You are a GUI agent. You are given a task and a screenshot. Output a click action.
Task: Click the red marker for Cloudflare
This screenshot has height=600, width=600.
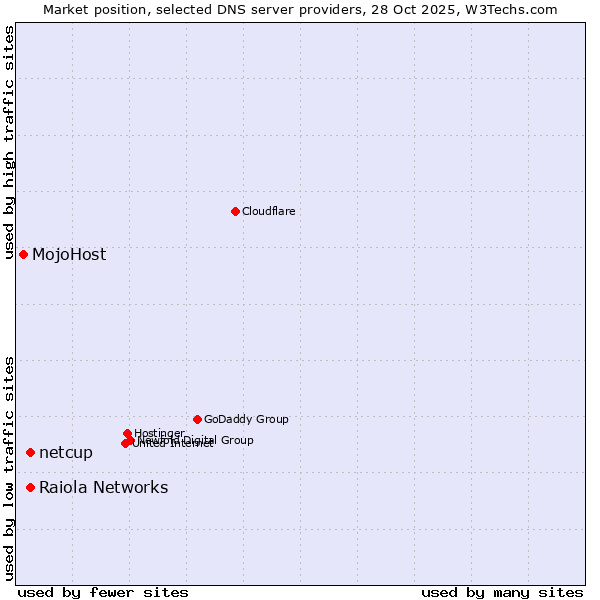click(x=235, y=211)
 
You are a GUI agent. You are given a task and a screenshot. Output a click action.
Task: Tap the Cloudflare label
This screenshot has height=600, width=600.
click(x=268, y=211)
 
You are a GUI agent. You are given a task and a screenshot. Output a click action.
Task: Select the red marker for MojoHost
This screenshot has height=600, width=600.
click(x=23, y=254)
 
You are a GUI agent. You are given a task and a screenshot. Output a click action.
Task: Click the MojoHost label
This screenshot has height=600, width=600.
click(x=69, y=254)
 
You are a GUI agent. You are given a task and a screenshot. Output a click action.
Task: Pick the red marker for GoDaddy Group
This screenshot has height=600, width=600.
click(x=197, y=419)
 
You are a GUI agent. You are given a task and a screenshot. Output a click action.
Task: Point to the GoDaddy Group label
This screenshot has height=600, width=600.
click(x=246, y=419)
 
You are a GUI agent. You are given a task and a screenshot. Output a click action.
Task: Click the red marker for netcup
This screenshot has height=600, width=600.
click(x=30, y=453)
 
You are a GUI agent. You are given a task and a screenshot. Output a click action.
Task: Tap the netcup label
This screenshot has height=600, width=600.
click(x=66, y=453)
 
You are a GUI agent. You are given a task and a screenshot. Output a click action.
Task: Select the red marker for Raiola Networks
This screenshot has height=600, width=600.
click(x=30, y=487)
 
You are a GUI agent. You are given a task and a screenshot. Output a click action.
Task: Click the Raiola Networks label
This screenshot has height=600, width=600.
click(x=104, y=488)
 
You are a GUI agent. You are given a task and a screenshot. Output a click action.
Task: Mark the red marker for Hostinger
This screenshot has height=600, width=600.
click(x=127, y=434)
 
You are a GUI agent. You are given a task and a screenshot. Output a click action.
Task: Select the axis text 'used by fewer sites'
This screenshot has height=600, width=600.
click(x=103, y=592)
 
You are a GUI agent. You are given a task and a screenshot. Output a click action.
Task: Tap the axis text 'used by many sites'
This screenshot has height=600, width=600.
click(x=502, y=592)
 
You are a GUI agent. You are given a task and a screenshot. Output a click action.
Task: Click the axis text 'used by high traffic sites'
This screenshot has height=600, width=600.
click(x=10, y=143)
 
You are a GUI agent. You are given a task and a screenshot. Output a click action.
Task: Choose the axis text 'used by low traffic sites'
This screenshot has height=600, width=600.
click(x=10, y=467)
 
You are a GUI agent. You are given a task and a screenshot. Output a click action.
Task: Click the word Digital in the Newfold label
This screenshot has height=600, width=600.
click(x=199, y=440)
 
